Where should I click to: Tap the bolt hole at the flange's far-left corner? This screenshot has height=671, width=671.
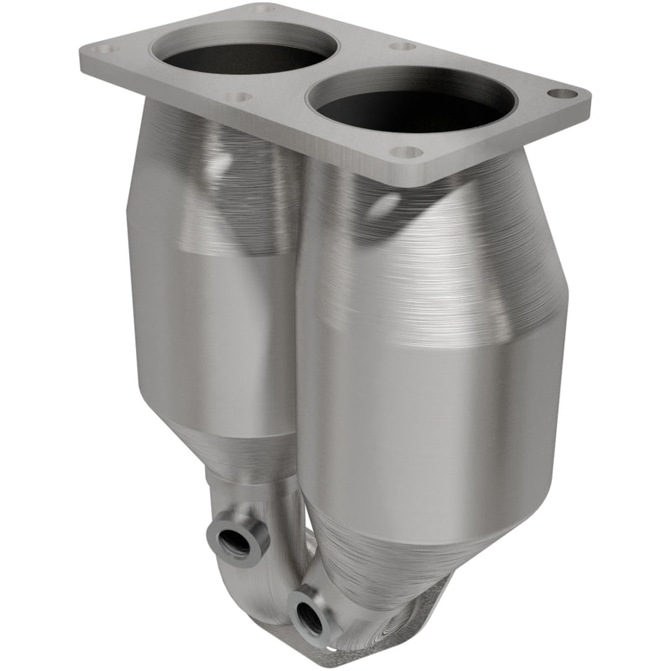point(106,49)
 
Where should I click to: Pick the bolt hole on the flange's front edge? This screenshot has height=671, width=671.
point(406,153)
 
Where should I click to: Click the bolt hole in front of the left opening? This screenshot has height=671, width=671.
point(238,97)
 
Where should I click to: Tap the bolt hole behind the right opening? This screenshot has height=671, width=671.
point(403,46)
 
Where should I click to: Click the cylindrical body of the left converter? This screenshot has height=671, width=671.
point(210,335)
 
